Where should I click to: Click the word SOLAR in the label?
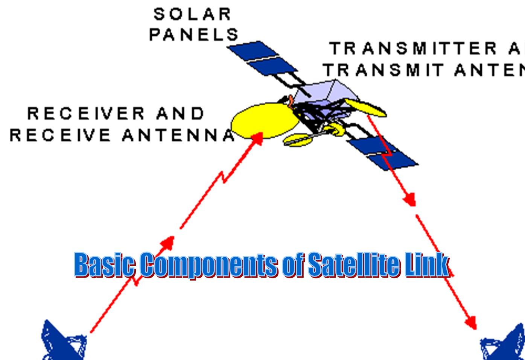tap(192, 14)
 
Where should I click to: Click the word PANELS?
tap(194, 35)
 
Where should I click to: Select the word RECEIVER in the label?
tap(86, 114)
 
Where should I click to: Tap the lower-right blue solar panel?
tap(384, 152)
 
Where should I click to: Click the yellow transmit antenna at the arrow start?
tap(365, 107)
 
